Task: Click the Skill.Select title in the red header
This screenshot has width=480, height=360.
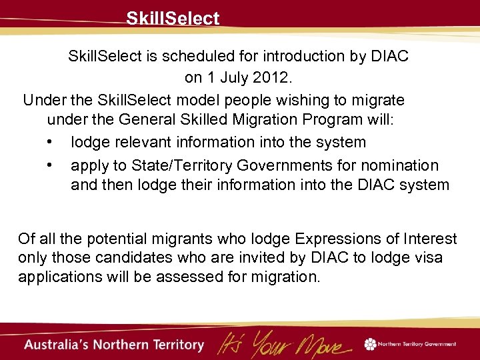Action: tap(173, 19)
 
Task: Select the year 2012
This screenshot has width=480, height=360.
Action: tap(271, 78)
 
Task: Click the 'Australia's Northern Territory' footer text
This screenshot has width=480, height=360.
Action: tap(114, 345)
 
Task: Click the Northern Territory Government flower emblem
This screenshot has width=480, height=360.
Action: tap(370, 344)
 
